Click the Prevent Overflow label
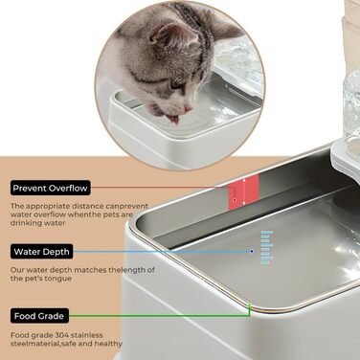click(50, 189)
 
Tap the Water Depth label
click(42, 252)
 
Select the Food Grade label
click(39, 316)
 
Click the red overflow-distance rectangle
click(243, 192)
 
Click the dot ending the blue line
click(252, 252)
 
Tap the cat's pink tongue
click(173, 119)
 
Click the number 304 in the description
click(61, 335)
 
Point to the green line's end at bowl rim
click(250, 305)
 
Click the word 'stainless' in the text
click(87, 335)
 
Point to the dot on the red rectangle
click(235, 200)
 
